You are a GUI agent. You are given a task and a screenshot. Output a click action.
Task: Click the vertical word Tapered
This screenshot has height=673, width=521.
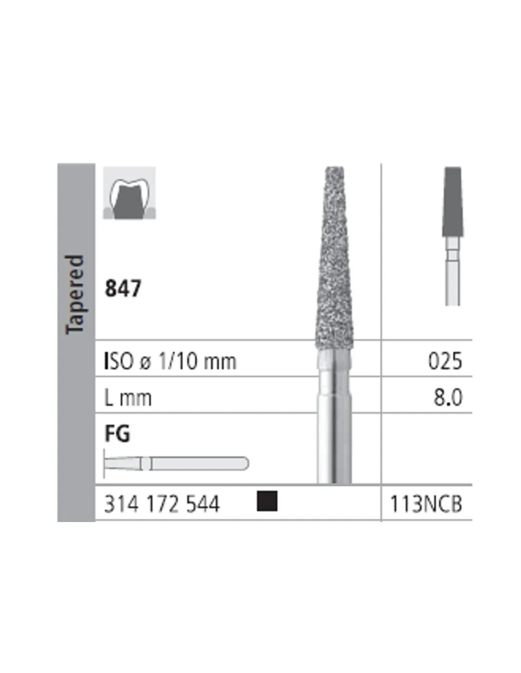tap(74, 294)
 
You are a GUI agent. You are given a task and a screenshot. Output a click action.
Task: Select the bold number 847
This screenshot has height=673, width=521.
tap(123, 288)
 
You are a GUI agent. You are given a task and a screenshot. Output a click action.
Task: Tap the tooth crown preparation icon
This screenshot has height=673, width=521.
tap(129, 193)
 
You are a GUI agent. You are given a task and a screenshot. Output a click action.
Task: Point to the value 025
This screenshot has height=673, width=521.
tap(445, 361)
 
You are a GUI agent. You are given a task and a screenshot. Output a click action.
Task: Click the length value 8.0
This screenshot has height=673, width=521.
tap(448, 398)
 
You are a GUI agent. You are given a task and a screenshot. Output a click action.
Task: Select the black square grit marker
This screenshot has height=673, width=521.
tap(267, 501)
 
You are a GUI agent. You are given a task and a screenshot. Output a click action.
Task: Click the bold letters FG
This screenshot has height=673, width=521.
tap(117, 433)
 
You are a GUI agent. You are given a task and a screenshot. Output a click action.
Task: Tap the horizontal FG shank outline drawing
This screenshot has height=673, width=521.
tap(176, 463)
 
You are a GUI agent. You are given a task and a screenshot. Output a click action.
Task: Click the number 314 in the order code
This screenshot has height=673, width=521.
tap(121, 504)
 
